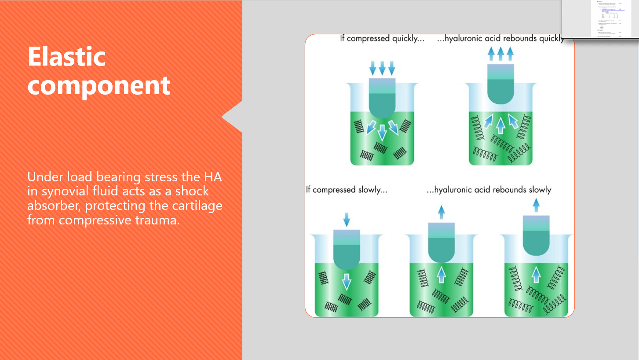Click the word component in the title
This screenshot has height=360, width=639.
[x=99, y=85]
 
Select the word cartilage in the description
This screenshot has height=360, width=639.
[x=197, y=206]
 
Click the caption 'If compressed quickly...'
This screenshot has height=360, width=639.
[x=382, y=39]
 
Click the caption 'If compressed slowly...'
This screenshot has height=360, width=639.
[x=347, y=190]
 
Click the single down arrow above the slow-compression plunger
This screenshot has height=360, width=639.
[x=347, y=219]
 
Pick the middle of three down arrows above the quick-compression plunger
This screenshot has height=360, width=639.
[x=382, y=68]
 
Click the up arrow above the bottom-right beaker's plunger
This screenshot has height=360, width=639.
[x=536, y=205]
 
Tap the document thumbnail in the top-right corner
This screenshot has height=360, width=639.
[x=600, y=19]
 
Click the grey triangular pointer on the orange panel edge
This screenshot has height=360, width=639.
[x=233, y=117]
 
